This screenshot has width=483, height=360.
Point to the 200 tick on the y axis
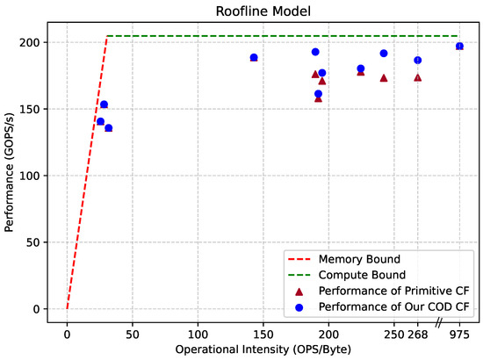click(33, 42)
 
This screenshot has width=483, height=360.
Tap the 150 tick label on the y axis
click(33, 109)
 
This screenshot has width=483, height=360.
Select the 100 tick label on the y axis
click(33, 176)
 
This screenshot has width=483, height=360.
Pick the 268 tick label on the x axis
click(418, 335)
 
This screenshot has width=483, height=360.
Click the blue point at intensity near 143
click(254, 58)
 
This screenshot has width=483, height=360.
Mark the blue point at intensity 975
click(459, 46)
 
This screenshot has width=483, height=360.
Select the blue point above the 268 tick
click(418, 61)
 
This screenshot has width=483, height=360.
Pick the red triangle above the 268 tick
click(418, 77)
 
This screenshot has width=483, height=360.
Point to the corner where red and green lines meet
click(107, 36)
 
